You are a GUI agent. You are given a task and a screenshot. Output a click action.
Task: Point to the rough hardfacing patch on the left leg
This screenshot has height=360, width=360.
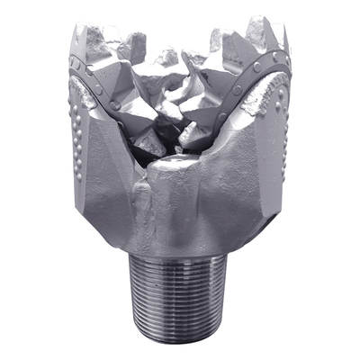pyautogui.click(x=94, y=99)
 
